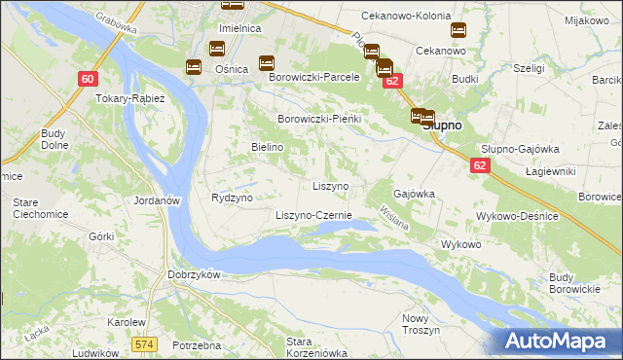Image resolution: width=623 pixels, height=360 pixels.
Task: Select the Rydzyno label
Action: [x=232, y=197]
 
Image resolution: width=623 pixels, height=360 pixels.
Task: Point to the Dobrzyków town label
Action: [x=196, y=274]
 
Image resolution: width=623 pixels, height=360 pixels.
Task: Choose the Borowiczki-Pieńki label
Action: [x=319, y=119]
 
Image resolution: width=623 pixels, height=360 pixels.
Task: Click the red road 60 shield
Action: [x=88, y=79]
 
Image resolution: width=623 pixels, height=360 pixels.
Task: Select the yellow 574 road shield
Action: [x=145, y=344]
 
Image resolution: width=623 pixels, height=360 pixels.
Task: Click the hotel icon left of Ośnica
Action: [x=194, y=66]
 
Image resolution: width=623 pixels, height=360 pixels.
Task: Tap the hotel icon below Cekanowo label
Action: [x=458, y=30]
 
